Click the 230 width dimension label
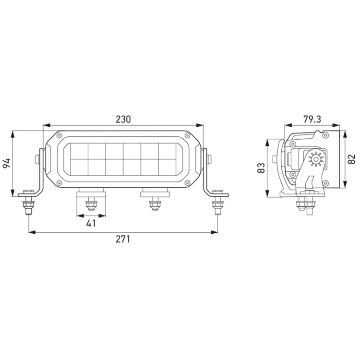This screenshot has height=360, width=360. coord(123,120)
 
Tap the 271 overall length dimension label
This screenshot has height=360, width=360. coord(123,239)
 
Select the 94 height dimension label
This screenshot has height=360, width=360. coord(6,163)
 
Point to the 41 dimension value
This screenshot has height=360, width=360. coord(91,223)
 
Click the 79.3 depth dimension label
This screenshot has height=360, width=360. coord(312,120)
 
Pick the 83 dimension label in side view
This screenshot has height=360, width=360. coord(261,168)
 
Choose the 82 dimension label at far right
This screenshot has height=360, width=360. coord(351,159)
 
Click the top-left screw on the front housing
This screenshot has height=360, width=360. coord(59,135)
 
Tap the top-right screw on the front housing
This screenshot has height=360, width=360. coord(187,135)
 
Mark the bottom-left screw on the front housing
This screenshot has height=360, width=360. coord(59,182)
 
